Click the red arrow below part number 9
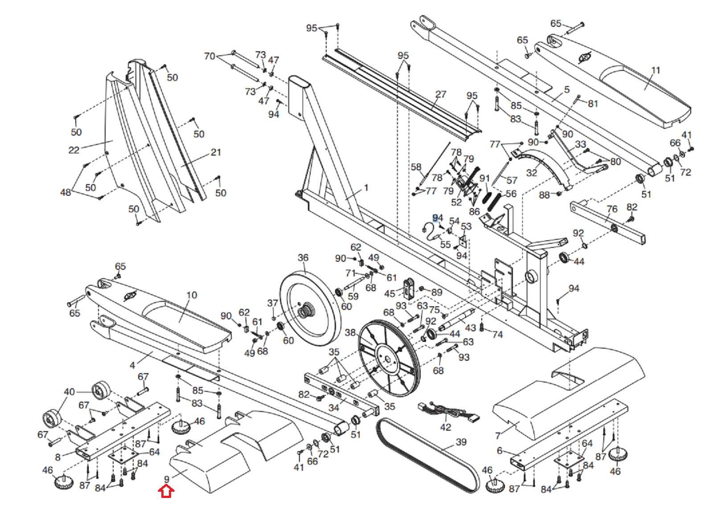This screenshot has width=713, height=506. pos(166,491)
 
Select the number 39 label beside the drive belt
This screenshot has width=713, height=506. pos(461,442)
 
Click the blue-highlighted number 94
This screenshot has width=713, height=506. pos(438,218)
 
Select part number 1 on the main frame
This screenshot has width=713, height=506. pos(366,188)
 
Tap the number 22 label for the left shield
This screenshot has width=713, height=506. pos(74,150)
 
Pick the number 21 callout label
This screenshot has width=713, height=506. pos(216,152)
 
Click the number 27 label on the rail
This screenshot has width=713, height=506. pos(441,94)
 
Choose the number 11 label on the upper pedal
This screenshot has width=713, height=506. pos(656,70)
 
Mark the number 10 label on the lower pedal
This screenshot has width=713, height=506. pos(192,295)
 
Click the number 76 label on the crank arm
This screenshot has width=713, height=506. pos(612,209)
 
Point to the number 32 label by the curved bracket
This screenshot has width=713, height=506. pos(532,173)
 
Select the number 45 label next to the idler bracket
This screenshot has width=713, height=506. pos(389,294)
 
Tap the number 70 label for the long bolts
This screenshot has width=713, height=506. pos(210,56)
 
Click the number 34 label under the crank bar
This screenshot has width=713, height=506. pos(334,407)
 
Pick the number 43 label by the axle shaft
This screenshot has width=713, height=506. pos(471,328)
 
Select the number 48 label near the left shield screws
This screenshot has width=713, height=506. pos(66,192)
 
